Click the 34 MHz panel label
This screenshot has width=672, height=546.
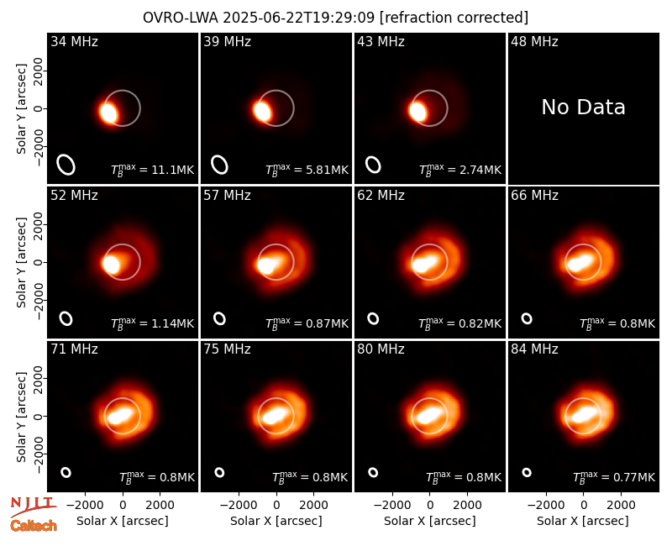[74, 41]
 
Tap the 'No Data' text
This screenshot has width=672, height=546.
[583, 107]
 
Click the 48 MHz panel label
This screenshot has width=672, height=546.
[534, 41]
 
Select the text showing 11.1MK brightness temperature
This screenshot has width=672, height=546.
[153, 170]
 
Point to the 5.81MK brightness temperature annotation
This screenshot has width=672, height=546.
[307, 170]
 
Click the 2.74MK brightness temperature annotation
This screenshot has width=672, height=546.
[460, 170]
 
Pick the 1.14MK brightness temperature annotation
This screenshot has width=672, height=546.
[153, 323]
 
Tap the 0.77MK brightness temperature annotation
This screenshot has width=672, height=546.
[614, 477]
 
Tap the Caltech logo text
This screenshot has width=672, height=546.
[34, 526]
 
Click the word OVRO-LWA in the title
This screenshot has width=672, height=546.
[181, 18]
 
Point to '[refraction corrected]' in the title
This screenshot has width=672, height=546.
[454, 18]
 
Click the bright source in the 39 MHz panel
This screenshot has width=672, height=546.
[262, 112]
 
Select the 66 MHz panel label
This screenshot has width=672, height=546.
[534, 196]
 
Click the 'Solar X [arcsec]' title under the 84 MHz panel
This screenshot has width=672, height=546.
[583, 521]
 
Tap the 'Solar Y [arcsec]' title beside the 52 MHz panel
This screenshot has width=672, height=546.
[21, 262]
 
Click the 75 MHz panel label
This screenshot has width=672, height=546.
[227, 349]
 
